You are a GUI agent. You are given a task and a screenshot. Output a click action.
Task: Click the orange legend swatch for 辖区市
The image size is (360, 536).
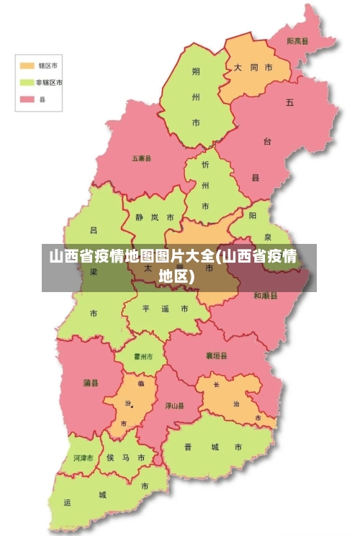27,65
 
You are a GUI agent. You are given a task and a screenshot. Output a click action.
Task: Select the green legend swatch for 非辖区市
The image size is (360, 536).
27,82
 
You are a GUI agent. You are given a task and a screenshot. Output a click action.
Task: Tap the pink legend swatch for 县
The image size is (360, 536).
27,100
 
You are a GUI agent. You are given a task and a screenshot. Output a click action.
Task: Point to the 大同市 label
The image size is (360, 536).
252,67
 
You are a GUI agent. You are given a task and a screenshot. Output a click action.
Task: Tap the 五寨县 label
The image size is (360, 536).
141,158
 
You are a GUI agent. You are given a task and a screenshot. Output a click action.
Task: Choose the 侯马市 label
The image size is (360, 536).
125,458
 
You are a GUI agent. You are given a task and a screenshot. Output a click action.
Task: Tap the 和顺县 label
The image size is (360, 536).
265,296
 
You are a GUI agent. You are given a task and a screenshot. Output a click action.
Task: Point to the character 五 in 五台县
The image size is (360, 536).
289,102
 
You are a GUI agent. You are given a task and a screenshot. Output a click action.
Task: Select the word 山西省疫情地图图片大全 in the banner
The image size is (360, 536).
132,256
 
